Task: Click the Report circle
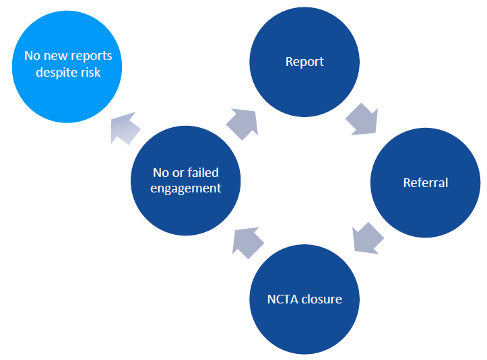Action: pyautogui.click(x=304, y=62)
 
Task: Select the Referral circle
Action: pyautogui.click(x=425, y=183)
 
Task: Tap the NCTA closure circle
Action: pyautogui.click(x=304, y=299)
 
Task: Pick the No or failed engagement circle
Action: pyautogui.click(x=186, y=181)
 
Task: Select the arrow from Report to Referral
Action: pyautogui.click(x=362, y=120)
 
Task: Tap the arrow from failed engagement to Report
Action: pyautogui.click(x=242, y=123)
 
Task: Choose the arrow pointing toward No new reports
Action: pyautogui.click(x=127, y=126)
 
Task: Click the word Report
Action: pyautogui.click(x=304, y=62)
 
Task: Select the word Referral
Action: pyautogui.click(x=425, y=183)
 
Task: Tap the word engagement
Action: pyautogui.click(x=186, y=188)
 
